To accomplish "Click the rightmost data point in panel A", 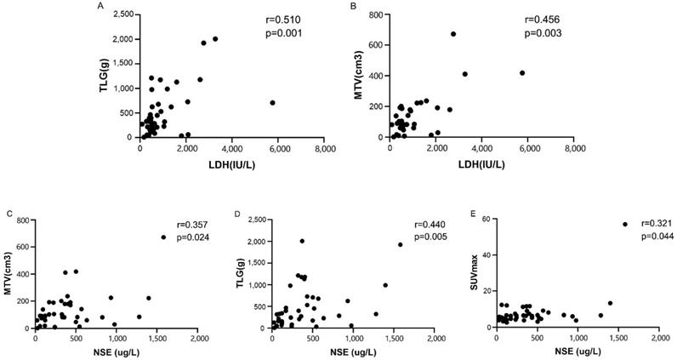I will click(x=272, y=102).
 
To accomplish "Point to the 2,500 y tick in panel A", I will click(x=122, y=15).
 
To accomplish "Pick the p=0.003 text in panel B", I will click(x=540, y=33).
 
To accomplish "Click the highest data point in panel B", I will click(x=453, y=34).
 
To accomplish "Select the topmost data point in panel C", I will click(x=163, y=237).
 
